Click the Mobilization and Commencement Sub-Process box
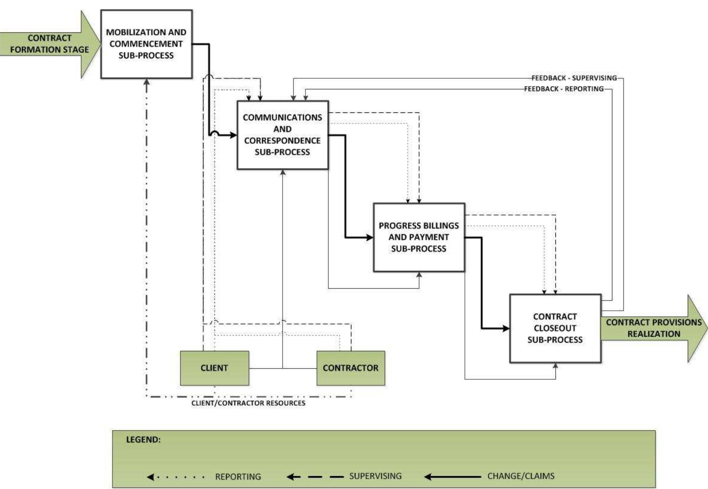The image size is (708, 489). click(146, 44)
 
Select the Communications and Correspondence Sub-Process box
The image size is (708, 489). click(282, 135)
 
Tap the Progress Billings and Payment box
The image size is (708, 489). click(419, 237)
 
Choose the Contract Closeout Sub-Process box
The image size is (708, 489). click(555, 328)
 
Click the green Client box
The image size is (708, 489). click(214, 368)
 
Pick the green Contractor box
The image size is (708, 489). click(350, 368)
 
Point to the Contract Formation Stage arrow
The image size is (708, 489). click(49, 44)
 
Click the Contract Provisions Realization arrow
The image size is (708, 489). click(653, 328)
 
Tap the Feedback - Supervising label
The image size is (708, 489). click(574, 78)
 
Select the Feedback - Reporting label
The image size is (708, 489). click(564, 89)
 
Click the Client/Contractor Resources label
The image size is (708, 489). click(248, 403)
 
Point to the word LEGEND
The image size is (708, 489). click(143, 440)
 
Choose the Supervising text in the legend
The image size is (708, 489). click(375, 476)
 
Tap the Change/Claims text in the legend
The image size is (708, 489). click(521, 476)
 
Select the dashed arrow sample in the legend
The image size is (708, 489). click(315, 477)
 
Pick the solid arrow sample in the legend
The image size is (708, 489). click(453, 477)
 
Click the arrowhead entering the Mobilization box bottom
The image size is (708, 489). click(147, 82)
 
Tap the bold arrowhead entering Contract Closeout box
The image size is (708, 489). click(506, 328)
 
